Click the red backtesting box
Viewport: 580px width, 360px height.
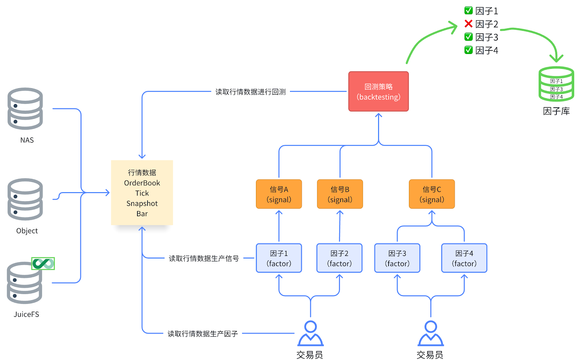(378, 91)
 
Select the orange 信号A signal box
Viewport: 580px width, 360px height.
(279, 194)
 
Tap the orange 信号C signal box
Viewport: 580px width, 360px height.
(432, 194)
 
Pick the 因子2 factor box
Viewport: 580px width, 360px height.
(339, 258)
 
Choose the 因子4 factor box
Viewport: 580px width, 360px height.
(464, 258)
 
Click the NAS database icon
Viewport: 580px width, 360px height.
(25, 108)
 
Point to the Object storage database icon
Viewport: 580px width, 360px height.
(25, 199)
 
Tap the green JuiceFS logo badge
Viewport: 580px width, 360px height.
(43, 264)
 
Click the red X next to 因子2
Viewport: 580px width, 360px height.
(468, 24)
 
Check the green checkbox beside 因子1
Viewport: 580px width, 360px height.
(468, 11)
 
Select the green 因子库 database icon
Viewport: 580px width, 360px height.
(556, 84)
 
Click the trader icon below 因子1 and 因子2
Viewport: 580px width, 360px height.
(310, 334)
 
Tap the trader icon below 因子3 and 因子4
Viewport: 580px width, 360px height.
(431, 334)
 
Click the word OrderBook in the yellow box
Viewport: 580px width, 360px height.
(142, 183)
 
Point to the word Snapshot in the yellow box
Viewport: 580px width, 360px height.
(142, 203)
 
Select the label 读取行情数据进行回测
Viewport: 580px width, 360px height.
(250, 92)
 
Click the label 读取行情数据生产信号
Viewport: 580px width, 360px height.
(204, 258)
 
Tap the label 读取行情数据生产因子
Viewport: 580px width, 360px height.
(203, 334)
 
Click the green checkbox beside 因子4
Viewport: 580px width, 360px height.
(468, 50)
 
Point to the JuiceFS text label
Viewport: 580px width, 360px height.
(26, 314)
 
